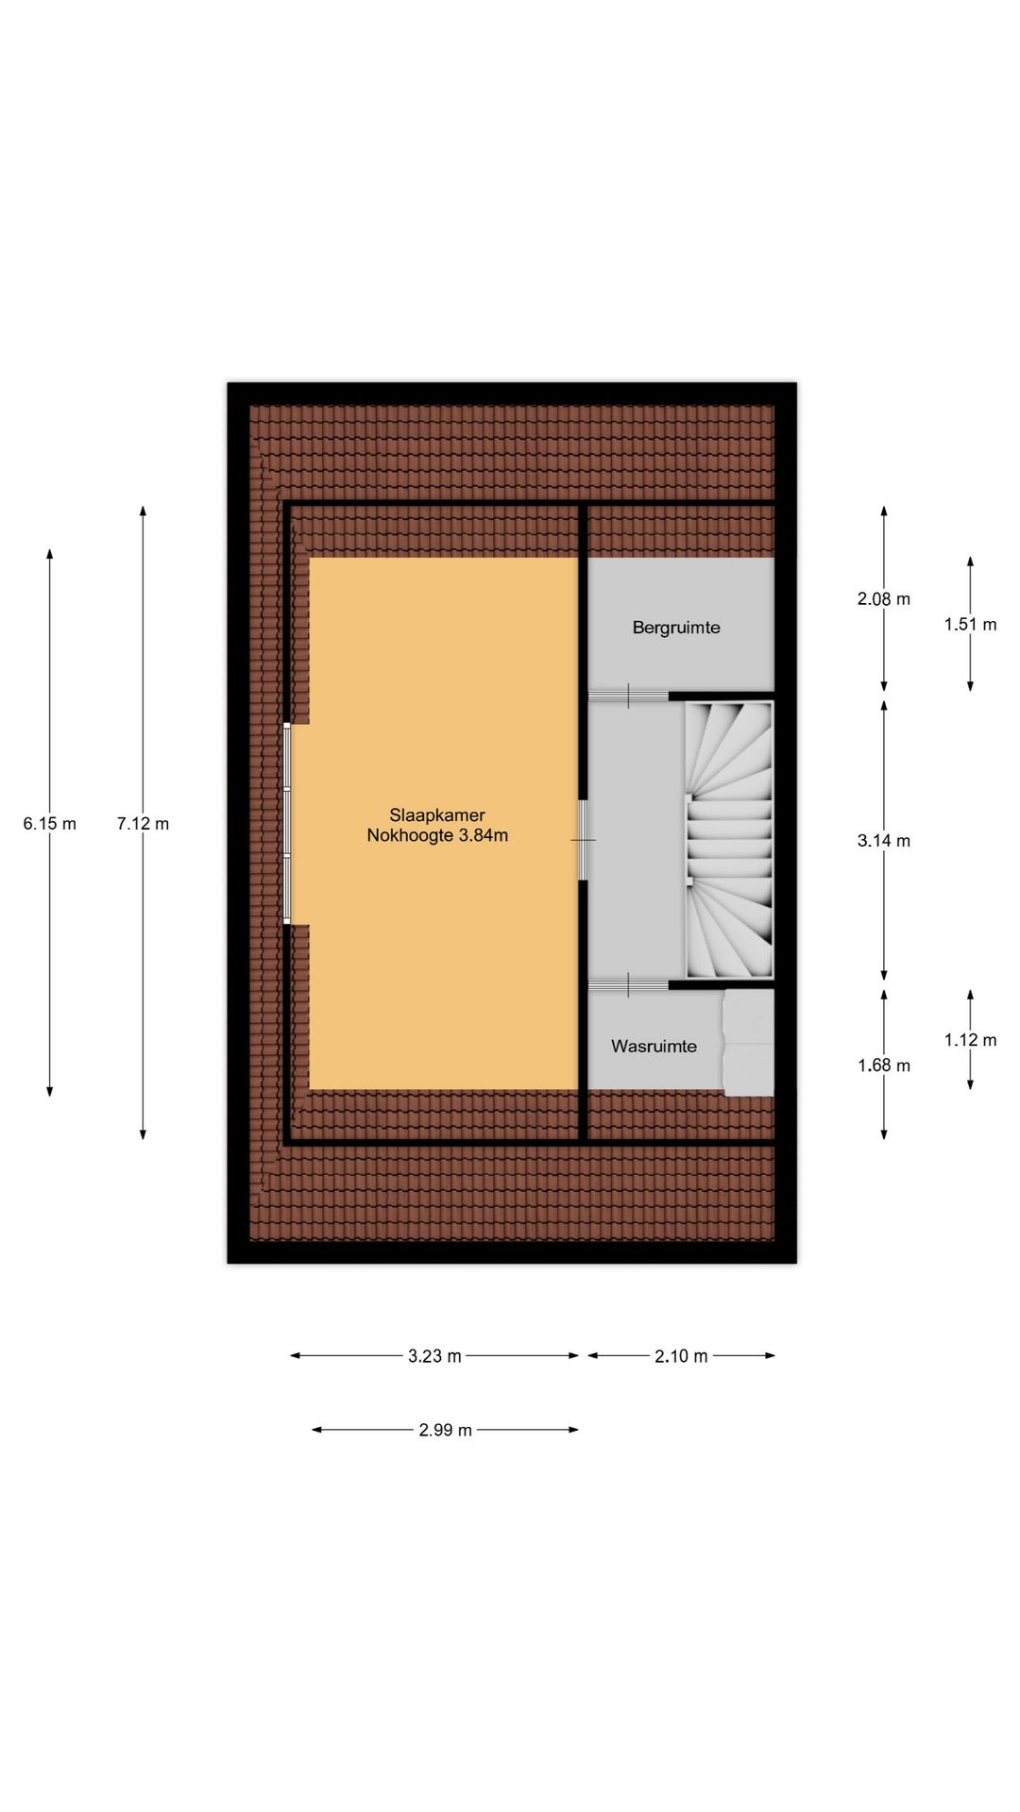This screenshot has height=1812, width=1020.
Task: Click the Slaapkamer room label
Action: click(x=437, y=815)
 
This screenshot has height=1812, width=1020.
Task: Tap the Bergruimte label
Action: click(x=676, y=628)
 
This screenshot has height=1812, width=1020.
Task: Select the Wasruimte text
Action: click(x=654, y=1046)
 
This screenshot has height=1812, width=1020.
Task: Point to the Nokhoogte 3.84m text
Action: click(x=437, y=835)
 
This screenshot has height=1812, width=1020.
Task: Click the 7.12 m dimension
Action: click(x=144, y=824)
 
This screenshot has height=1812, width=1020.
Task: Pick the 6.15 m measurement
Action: click(x=50, y=824)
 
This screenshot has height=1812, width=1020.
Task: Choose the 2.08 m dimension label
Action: click(x=884, y=598)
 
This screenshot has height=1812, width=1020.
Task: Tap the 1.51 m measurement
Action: click(x=970, y=624)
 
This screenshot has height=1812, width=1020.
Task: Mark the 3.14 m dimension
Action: click(x=884, y=841)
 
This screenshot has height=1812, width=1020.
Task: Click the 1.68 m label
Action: click(x=884, y=1065)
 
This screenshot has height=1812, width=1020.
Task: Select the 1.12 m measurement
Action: click(x=970, y=1040)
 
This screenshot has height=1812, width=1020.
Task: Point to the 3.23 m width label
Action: click(x=434, y=1356)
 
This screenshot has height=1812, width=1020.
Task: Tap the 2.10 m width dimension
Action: click(x=681, y=1356)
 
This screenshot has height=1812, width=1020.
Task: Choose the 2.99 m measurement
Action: click(x=445, y=1430)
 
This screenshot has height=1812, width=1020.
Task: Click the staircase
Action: click(x=729, y=840)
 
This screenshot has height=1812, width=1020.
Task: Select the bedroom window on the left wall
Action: click(x=288, y=824)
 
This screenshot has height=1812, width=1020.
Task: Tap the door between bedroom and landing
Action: click(x=584, y=840)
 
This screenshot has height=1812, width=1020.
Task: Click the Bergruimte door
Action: click(x=629, y=696)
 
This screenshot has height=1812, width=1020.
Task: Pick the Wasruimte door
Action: click(x=629, y=984)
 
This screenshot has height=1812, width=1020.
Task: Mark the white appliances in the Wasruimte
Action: click(x=749, y=1043)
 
